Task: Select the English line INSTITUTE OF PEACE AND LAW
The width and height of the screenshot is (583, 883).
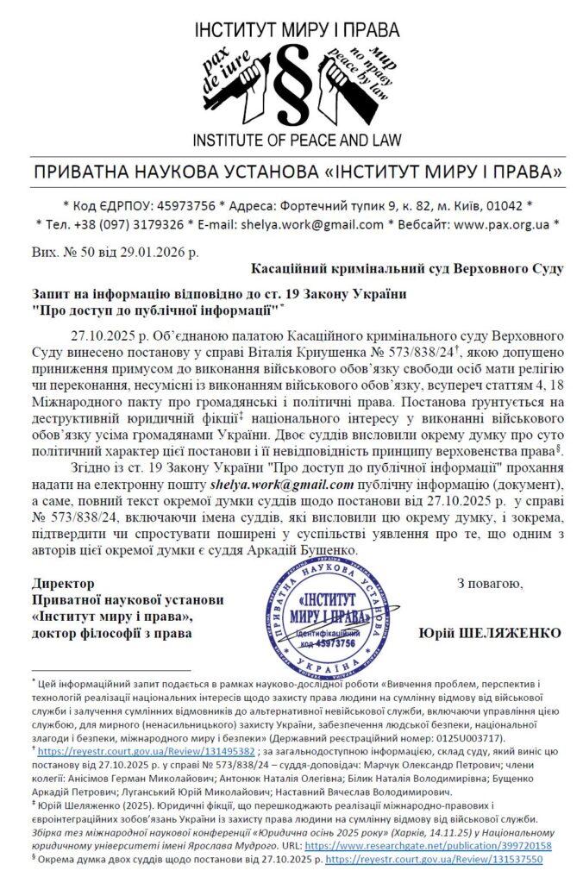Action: [291, 140]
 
